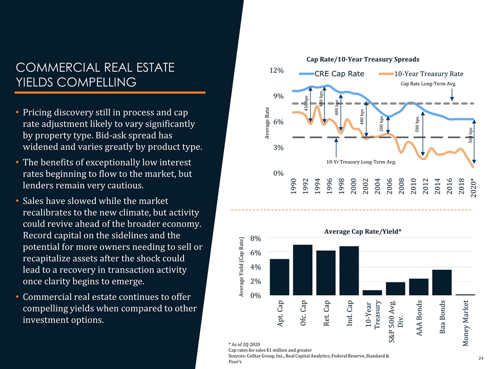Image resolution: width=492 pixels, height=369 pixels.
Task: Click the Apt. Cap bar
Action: coord(280,277)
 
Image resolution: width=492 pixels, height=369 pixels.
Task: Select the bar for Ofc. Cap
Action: coord(303,270)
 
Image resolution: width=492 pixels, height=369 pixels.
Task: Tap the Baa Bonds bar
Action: coord(442,282)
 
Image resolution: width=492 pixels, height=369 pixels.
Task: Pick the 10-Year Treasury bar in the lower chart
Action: coord(373,293)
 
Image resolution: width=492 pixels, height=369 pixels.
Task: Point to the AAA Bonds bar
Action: coord(419,287)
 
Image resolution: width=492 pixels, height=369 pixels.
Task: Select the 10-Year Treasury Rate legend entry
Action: coord(420,74)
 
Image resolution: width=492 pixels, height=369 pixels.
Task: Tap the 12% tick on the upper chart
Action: coord(277,70)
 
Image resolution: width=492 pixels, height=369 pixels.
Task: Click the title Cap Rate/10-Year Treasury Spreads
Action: coord(363,58)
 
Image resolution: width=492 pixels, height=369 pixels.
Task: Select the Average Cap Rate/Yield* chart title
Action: coord(362,231)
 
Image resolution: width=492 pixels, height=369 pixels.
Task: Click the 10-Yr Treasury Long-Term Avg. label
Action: coord(362,162)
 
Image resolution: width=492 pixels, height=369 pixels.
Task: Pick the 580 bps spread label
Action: coord(417,124)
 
